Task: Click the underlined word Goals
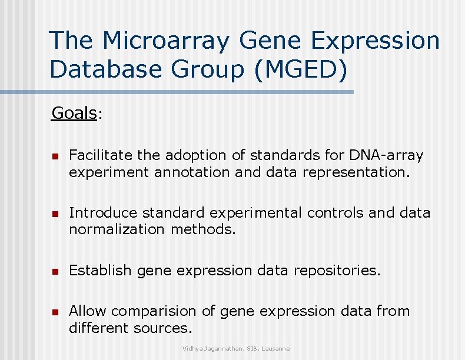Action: [74, 112]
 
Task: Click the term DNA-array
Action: [386, 155]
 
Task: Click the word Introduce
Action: [103, 212]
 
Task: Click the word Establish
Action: [101, 270]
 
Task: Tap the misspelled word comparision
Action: [154, 311]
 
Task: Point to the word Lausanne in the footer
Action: [275, 349]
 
